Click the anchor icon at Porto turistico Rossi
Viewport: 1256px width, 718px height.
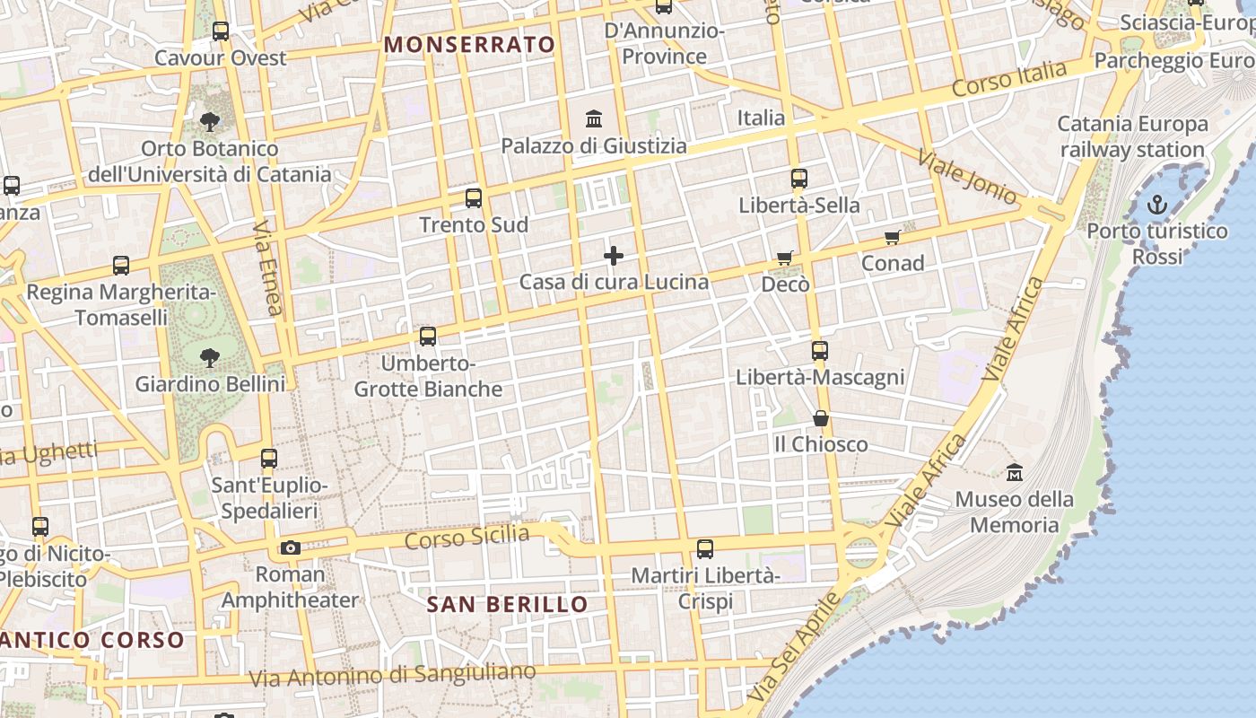pos(1157,205)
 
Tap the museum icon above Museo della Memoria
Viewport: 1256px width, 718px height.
pos(1015,472)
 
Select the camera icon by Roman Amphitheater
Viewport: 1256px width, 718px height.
pos(290,547)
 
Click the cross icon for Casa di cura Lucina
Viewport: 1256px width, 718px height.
pos(614,257)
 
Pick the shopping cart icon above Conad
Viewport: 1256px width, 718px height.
pos(892,238)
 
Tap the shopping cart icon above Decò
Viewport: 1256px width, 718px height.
pos(785,258)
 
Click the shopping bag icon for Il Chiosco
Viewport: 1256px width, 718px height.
pos(820,419)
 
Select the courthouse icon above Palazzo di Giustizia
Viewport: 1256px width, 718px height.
pos(593,118)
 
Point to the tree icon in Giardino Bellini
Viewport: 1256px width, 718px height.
pos(210,358)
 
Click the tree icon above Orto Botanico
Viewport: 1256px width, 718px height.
pos(210,121)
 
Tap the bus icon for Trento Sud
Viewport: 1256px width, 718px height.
pos(473,198)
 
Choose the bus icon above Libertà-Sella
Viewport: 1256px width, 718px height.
pos(798,179)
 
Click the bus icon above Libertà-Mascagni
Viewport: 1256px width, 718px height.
pos(819,351)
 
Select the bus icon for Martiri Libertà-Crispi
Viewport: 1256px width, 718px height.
pos(705,548)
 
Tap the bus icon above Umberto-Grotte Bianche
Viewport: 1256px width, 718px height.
pos(428,337)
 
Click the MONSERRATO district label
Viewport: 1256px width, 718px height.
pos(470,44)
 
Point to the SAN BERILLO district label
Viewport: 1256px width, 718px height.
pos(507,604)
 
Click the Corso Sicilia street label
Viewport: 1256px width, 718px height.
pos(467,538)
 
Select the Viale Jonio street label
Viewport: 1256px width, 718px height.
pos(966,177)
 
